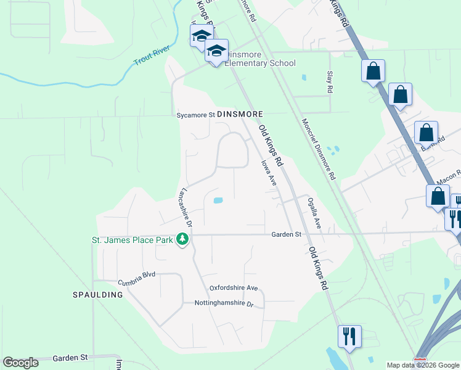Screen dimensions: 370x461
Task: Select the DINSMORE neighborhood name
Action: click(x=240, y=115)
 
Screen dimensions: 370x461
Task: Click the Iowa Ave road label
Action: click(x=268, y=173)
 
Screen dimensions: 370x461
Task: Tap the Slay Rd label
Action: click(x=330, y=81)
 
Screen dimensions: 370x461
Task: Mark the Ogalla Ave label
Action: click(x=314, y=213)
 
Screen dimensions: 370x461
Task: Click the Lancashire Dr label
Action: click(x=185, y=207)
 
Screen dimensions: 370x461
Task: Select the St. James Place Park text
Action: click(x=132, y=239)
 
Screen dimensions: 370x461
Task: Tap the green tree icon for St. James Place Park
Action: click(x=182, y=239)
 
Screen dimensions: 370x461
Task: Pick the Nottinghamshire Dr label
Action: click(x=224, y=304)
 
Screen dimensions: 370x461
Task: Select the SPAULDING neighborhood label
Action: click(x=99, y=295)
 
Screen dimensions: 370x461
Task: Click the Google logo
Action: click(x=20, y=363)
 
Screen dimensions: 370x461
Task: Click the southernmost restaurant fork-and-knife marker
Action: click(x=349, y=337)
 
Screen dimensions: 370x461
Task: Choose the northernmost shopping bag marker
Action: click(x=373, y=71)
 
